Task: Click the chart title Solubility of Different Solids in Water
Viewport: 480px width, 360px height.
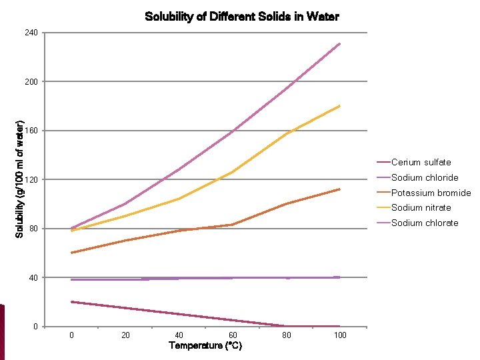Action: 241,17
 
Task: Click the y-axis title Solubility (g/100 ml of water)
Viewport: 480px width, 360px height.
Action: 20,179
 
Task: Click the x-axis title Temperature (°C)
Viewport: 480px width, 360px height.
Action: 205,345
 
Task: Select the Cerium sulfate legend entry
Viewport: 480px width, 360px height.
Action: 421,162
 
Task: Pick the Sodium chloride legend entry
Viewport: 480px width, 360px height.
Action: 425,177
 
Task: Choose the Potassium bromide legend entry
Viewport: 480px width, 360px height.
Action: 431,193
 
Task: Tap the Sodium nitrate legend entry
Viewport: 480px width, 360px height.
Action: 421,207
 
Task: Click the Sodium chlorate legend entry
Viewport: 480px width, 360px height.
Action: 425,223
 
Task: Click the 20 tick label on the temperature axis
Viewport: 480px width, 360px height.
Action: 125,335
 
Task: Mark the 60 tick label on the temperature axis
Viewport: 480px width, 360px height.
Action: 233,335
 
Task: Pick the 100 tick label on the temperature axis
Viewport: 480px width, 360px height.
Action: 340,335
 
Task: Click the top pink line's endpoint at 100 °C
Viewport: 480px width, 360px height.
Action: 340,44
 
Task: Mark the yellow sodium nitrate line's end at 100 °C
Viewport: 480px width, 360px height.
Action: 340,105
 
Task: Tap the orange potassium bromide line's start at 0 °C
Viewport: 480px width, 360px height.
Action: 71,253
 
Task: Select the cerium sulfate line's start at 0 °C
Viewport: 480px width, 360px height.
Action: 71,302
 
